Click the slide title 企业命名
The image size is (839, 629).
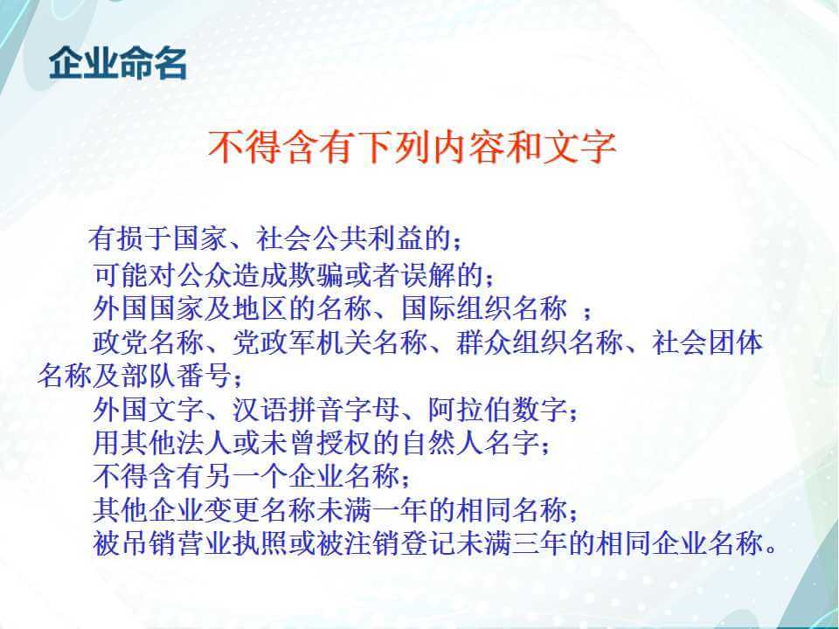point(118,64)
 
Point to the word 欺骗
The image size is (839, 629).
point(317,275)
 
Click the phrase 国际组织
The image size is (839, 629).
point(456,308)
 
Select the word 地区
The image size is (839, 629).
point(261,308)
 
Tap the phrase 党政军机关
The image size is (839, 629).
point(302,342)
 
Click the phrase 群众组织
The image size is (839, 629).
point(512,342)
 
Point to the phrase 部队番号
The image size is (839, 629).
point(177,375)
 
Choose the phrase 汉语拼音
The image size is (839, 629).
point(288,410)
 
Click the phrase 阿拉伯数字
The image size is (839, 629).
point(498,410)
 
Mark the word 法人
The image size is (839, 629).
point(205,443)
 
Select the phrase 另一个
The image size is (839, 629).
point(247,476)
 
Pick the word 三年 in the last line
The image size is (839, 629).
point(540,543)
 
